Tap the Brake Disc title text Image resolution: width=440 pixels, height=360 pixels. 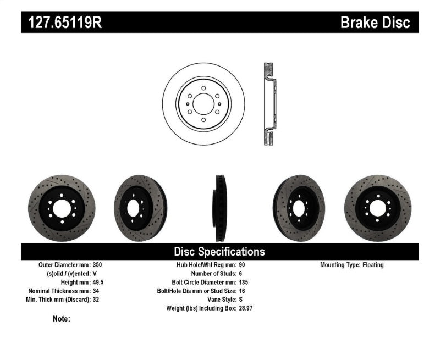click(x=375, y=23)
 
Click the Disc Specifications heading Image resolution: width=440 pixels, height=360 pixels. click(x=219, y=252)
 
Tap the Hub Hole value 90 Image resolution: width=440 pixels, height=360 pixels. click(x=241, y=265)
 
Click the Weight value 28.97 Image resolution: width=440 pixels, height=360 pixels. click(x=245, y=309)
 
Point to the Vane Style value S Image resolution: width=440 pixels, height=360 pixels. click(x=240, y=300)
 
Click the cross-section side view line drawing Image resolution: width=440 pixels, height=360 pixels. click(x=269, y=104)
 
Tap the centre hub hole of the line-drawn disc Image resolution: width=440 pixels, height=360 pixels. click(x=204, y=104)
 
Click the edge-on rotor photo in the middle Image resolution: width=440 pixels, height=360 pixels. click(x=220, y=208)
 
